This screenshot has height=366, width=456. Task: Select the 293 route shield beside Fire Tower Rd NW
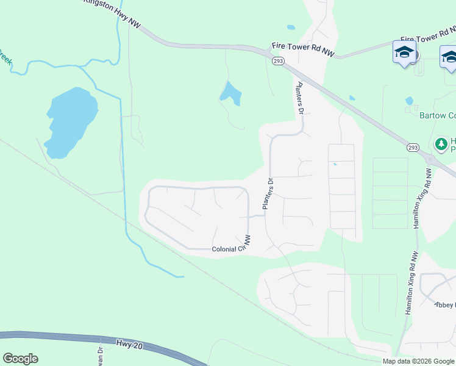278,61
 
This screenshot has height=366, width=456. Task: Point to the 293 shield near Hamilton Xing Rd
413,148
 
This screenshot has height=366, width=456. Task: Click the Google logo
20,359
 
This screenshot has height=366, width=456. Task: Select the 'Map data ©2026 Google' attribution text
418,361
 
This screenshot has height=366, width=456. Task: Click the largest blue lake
70,121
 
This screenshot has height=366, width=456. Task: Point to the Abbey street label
445,305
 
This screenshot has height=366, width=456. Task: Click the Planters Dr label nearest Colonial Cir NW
267,194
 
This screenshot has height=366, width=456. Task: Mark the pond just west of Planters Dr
230,93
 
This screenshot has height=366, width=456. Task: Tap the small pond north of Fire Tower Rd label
291,27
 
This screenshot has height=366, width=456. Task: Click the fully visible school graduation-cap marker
404,52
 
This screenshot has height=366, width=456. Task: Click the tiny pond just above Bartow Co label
409,101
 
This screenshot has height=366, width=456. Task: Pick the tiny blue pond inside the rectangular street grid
335,163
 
